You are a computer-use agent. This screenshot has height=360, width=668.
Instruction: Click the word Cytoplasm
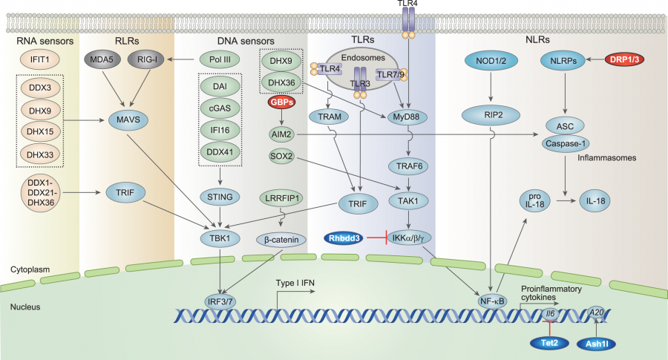[30, 267]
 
